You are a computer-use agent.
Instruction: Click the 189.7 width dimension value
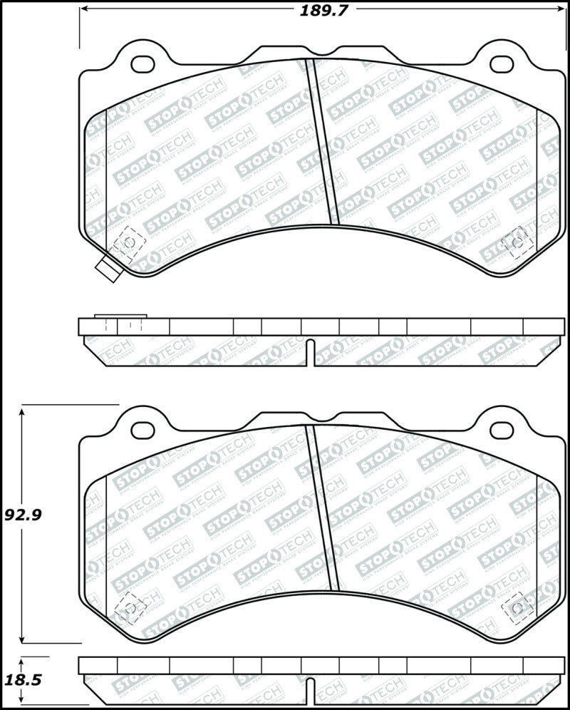pyautogui.click(x=318, y=10)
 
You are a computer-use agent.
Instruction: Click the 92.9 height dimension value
pyautogui.click(x=21, y=514)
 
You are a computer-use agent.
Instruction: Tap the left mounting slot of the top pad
pyautogui.click(x=144, y=63)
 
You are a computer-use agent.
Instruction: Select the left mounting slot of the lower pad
pyautogui.click(x=144, y=429)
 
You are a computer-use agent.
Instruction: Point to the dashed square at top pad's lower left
pyautogui.click(x=129, y=243)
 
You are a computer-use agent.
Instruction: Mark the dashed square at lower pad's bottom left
pyautogui.click(x=129, y=607)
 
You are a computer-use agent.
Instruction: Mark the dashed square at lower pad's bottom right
pyautogui.click(x=517, y=607)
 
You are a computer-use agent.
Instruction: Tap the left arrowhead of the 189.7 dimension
pyautogui.click(x=83, y=10)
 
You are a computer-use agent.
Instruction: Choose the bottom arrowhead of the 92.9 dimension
pyautogui.click(x=24, y=639)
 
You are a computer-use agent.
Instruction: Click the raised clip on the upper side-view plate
pyautogui.click(x=120, y=317)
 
